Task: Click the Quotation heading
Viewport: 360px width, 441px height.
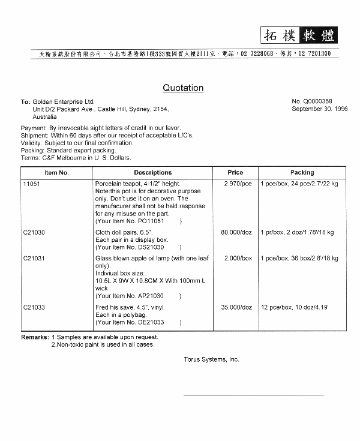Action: [x=183, y=88]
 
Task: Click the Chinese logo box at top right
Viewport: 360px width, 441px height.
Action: [x=299, y=35]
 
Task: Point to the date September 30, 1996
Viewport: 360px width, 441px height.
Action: [x=319, y=109]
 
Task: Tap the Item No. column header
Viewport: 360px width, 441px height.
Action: [x=56, y=173]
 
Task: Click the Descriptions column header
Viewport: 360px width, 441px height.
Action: [x=152, y=173]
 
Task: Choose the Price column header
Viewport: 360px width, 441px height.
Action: [x=235, y=173]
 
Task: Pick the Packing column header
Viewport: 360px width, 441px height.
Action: [x=302, y=173]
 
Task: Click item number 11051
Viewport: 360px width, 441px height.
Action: [x=31, y=184]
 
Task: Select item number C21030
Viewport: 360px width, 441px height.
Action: [x=34, y=232]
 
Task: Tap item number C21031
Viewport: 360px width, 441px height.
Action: [x=34, y=259]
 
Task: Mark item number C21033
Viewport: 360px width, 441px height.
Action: [x=34, y=307]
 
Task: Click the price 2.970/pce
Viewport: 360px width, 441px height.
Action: [x=238, y=184]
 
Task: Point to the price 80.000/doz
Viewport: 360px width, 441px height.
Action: [x=236, y=232]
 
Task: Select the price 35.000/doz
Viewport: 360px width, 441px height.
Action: [x=236, y=307]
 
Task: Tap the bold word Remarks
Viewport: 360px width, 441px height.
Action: [x=35, y=337]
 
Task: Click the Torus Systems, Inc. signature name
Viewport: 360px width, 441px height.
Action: [x=211, y=359]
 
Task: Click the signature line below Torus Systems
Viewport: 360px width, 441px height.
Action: [x=253, y=395]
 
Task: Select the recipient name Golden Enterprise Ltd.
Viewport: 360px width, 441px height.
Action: [x=64, y=102]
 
